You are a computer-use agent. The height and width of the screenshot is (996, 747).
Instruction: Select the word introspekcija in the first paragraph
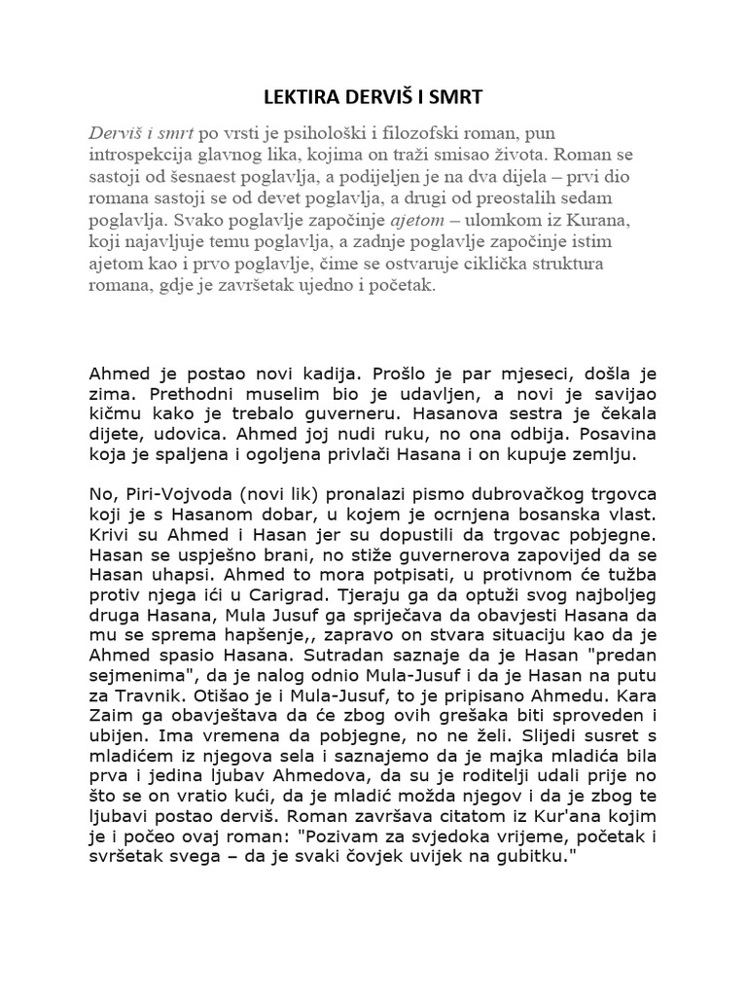[144, 153]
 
